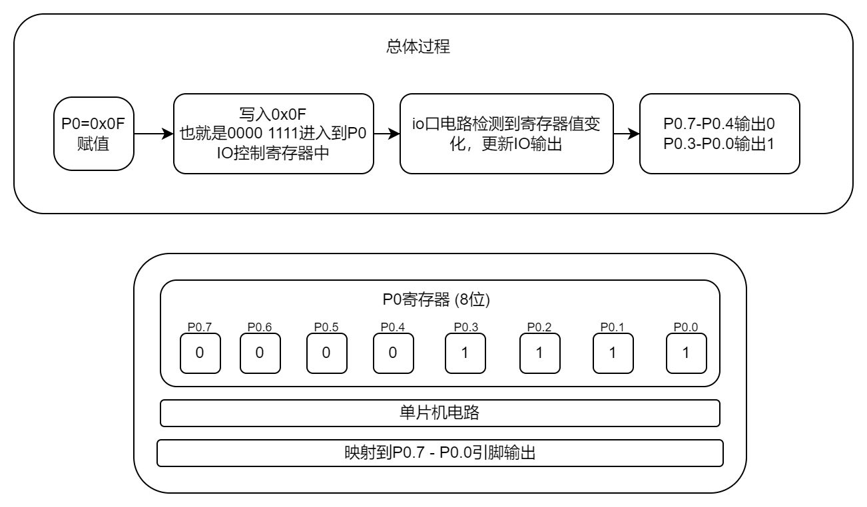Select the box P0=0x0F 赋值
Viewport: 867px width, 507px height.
pos(93,134)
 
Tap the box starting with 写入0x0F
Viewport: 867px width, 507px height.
pos(273,134)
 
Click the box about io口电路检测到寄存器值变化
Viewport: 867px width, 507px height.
pos(506,134)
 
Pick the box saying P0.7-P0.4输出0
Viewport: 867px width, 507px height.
pos(719,134)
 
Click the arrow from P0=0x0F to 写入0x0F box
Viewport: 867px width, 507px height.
pos(153,134)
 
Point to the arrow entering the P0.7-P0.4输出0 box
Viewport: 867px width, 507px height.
pos(625,134)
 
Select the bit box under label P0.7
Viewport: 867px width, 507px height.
pos(200,353)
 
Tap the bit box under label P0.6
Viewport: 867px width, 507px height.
pos(260,353)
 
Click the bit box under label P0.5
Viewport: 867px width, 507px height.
pos(326,353)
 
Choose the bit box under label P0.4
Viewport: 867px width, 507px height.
pos(393,353)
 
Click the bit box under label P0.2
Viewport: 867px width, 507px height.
pos(539,353)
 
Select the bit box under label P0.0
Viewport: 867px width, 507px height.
pos(686,353)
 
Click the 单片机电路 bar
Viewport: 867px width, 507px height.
pos(439,413)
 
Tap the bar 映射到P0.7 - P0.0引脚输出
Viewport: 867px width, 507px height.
pos(439,453)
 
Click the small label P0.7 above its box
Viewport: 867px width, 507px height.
pos(200,327)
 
